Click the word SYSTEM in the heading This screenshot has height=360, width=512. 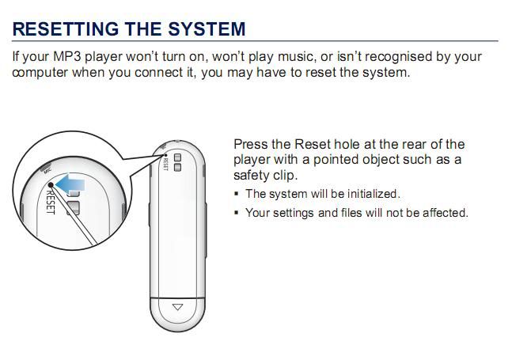coord(207,28)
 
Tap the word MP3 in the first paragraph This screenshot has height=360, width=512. coord(67,56)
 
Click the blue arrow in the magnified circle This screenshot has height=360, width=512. coord(70,183)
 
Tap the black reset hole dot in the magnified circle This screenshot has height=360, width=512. coord(51,185)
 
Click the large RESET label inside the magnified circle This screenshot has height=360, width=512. coord(50,202)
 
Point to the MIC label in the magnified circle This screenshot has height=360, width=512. coord(47,170)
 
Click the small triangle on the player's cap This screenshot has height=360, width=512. coord(177,307)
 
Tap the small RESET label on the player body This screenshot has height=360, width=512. coord(165,164)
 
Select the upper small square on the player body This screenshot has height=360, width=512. coord(177,157)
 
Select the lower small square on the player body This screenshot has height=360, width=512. coord(177,168)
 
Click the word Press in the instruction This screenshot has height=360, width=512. coord(251,144)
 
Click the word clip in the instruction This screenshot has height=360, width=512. coord(285,176)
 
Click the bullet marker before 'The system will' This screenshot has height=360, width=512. coord(237,194)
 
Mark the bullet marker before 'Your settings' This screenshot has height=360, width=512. coord(237,213)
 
